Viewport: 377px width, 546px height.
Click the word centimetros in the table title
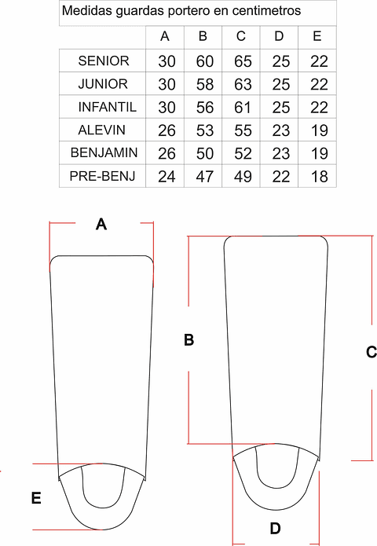pos(266,11)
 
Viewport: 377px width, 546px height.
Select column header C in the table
pos(241,36)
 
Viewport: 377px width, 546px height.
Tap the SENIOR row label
pos(104,61)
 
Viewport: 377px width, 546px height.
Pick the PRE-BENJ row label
pos(102,176)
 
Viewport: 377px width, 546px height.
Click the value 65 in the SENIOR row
pos(243,61)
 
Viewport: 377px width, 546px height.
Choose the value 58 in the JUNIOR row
pos(205,85)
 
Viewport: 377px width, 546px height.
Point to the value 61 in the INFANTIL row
pos(243,108)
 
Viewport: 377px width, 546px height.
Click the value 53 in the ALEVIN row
pos(205,130)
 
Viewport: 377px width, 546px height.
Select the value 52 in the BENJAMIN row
pos(243,153)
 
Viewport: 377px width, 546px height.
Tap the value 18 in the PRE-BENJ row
pos(319,177)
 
